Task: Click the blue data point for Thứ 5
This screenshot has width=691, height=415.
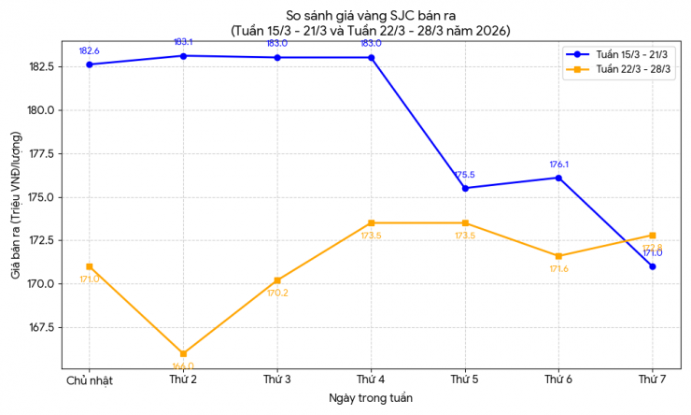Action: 465,188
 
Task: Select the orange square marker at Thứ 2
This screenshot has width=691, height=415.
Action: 183,354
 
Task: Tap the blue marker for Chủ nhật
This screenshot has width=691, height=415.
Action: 90,64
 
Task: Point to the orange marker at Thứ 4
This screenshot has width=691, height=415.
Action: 371,223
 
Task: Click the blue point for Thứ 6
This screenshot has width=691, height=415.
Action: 558,178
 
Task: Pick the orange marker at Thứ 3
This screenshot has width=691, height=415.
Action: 277,280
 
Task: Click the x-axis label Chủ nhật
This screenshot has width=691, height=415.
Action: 90,379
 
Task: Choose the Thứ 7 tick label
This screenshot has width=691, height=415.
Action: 652,379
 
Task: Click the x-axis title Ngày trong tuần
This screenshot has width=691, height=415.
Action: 371,398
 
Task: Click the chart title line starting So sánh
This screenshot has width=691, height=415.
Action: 371,14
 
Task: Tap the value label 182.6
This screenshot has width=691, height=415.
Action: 90,50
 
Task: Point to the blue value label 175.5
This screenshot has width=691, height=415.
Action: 465,175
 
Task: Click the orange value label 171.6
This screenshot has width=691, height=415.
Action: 558,269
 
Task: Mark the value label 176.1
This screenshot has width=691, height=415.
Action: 558,165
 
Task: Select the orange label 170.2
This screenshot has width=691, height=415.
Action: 277,293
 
